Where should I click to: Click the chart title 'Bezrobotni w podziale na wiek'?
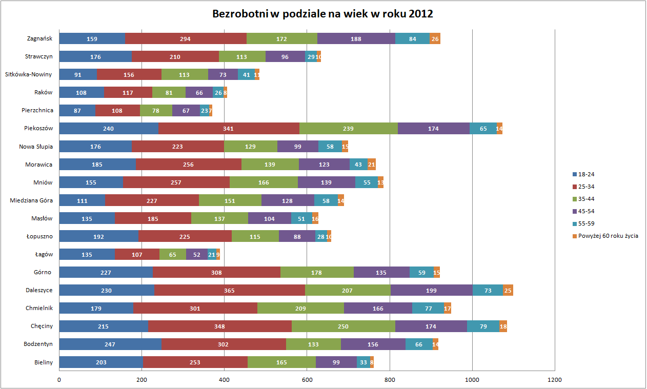(322, 14)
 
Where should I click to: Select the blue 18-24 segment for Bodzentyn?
(110, 344)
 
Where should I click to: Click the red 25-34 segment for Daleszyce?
(229, 290)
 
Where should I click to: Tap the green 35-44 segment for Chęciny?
(343, 326)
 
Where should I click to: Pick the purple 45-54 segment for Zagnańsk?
(356, 38)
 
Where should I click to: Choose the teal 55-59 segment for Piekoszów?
(483, 128)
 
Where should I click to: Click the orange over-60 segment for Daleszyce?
(508, 290)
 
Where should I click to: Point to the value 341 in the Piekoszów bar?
(229, 128)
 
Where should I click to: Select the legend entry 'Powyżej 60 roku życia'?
(608, 236)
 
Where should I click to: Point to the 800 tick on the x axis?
(390, 380)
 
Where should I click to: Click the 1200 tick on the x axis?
(555, 380)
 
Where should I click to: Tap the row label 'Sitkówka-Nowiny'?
(28, 74)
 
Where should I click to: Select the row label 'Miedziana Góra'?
(31, 200)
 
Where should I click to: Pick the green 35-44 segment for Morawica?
(270, 164)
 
